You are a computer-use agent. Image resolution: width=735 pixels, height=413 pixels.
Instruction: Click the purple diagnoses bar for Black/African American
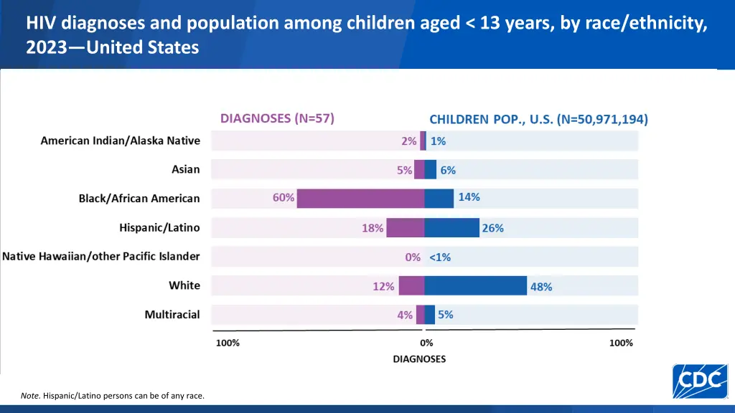[360, 199]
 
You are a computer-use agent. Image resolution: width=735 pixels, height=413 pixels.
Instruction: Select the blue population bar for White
[475, 285]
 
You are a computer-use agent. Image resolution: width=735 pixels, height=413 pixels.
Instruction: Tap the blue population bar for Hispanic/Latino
[451, 228]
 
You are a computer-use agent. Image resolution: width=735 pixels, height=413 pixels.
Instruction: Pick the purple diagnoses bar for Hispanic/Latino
[406, 228]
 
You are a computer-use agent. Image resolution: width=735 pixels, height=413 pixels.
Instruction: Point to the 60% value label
[284, 198]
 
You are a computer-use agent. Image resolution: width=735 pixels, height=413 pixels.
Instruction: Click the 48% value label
[541, 287]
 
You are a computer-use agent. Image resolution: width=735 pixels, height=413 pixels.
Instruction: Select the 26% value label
[493, 228]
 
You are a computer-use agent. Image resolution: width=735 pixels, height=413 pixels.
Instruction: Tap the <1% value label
[440, 257]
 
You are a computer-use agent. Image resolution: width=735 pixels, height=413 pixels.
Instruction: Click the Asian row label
[186, 170]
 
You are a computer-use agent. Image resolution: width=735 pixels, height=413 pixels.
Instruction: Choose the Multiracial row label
[172, 314]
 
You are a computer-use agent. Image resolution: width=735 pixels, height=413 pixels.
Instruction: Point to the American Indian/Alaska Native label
[121, 141]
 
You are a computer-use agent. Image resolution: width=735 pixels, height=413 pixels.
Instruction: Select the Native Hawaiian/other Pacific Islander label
[101, 256]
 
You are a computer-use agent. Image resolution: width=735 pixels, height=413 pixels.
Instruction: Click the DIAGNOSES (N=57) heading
[277, 118]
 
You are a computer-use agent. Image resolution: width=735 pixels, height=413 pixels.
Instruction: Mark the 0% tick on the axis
[426, 343]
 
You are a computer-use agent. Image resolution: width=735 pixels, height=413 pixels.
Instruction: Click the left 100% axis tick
[228, 343]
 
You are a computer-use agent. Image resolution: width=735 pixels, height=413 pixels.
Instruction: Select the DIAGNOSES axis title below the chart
[419, 359]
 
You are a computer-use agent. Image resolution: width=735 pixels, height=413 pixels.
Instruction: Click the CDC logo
[701, 381]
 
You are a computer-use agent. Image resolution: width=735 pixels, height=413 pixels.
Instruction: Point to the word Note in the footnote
[30, 395]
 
